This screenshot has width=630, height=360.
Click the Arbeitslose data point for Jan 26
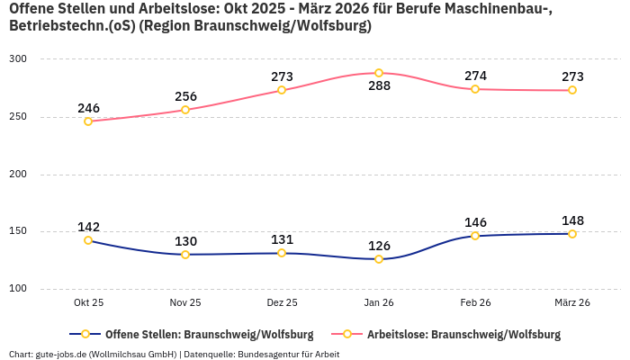379,73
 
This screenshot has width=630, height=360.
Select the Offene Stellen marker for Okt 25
88,240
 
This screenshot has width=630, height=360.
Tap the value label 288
379,87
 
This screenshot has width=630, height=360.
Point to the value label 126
379,245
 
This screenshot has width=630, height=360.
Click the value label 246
88,108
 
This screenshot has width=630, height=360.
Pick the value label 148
572,220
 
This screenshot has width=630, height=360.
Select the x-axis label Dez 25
282,303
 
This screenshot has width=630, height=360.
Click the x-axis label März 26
572,303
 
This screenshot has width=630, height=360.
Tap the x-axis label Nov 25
185,303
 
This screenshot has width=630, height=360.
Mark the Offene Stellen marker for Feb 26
475,236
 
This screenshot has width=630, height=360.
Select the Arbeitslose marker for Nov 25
185,110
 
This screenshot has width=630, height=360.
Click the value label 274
475,76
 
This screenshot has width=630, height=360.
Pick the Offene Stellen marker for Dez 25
282,253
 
